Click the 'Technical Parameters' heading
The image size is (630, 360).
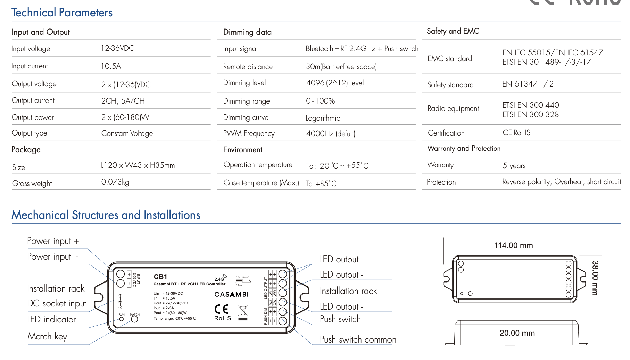[x=62, y=13]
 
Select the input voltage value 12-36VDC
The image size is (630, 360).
[x=117, y=48]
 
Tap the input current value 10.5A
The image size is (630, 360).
[x=111, y=66]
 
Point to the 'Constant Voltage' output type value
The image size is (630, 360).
[x=127, y=133]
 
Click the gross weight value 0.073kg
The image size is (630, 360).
[x=115, y=182]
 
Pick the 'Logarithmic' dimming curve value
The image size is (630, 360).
[x=323, y=118]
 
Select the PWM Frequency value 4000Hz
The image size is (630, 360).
[x=330, y=133]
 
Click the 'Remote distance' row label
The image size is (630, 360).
[x=248, y=67]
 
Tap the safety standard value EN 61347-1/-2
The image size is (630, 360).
[x=528, y=84]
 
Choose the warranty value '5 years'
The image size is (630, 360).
[x=514, y=166]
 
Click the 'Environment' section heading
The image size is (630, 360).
[x=242, y=150]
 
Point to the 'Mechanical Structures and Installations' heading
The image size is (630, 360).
[x=106, y=215]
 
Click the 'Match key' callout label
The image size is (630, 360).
[x=47, y=336]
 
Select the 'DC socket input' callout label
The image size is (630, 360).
[x=57, y=303]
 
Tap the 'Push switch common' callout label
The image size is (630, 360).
[x=358, y=339]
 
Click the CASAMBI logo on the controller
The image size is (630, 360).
[x=231, y=294]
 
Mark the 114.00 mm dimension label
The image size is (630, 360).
[x=513, y=245]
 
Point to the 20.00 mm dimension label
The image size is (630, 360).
[x=517, y=333]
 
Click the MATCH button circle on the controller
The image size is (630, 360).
[x=134, y=319]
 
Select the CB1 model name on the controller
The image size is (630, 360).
[x=160, y=277]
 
